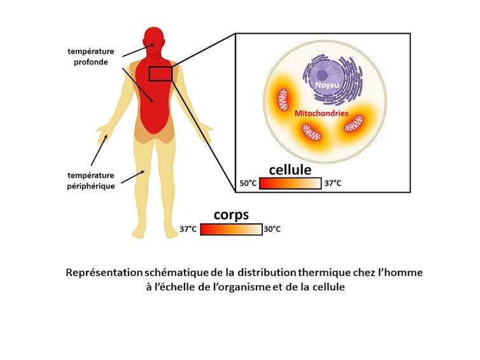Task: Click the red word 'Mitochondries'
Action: [321, 113]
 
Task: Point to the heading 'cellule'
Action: [290, 170]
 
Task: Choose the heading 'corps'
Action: [231, 214]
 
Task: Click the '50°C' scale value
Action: [249, 183]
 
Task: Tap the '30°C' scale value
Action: [272, 229]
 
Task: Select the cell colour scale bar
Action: [291, 183]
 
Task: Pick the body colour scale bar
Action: [230, 229]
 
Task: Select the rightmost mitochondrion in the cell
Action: [354, 123]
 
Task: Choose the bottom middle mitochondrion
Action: [311, 132]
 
